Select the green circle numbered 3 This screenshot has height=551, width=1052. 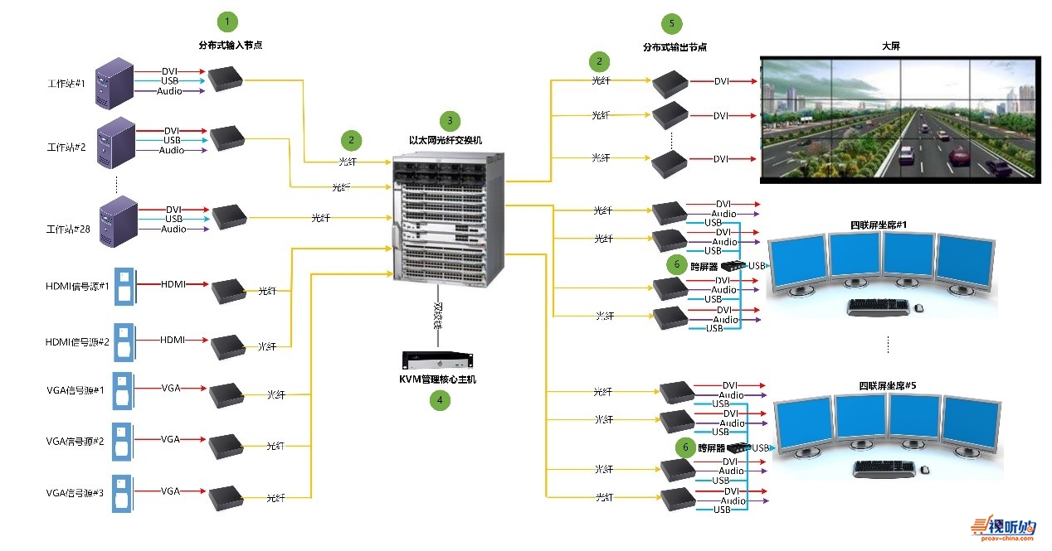click(450, 120)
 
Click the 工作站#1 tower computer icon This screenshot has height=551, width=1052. click(114, 83)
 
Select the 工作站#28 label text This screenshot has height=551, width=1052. click(67, 229)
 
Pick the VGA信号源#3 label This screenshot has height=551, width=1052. click(75, 492)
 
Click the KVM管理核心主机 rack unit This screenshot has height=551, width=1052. click(437, 360)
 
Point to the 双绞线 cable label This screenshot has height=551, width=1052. click(437, 315)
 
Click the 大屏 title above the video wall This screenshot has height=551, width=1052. click(891, 46)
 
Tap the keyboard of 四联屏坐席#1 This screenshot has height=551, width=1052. click(878, 307)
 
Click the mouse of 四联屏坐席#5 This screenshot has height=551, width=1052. click(924, 470)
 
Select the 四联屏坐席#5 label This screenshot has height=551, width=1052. click(888, 385)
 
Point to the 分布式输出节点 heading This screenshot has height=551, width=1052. click(675, 47)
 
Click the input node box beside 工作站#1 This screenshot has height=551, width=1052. click(225, 79)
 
